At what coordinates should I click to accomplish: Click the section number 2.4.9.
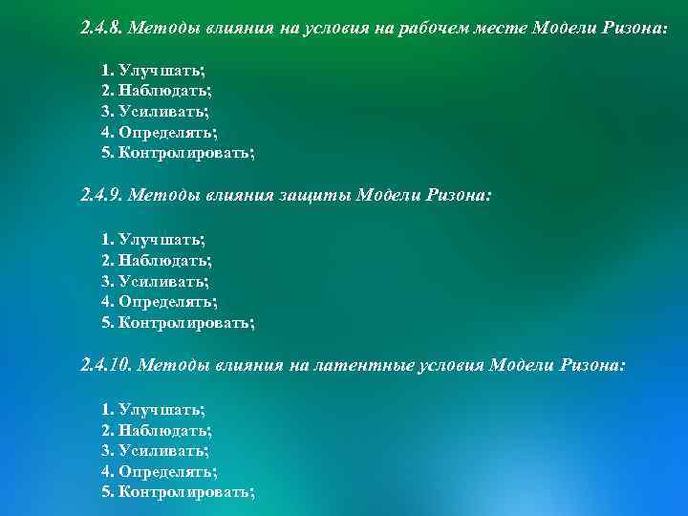[100, 196]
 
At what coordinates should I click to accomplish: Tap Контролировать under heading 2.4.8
[185, 152]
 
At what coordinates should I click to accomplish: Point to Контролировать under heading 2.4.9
[185, 322]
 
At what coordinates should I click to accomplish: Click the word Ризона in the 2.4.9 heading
[459, 196]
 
